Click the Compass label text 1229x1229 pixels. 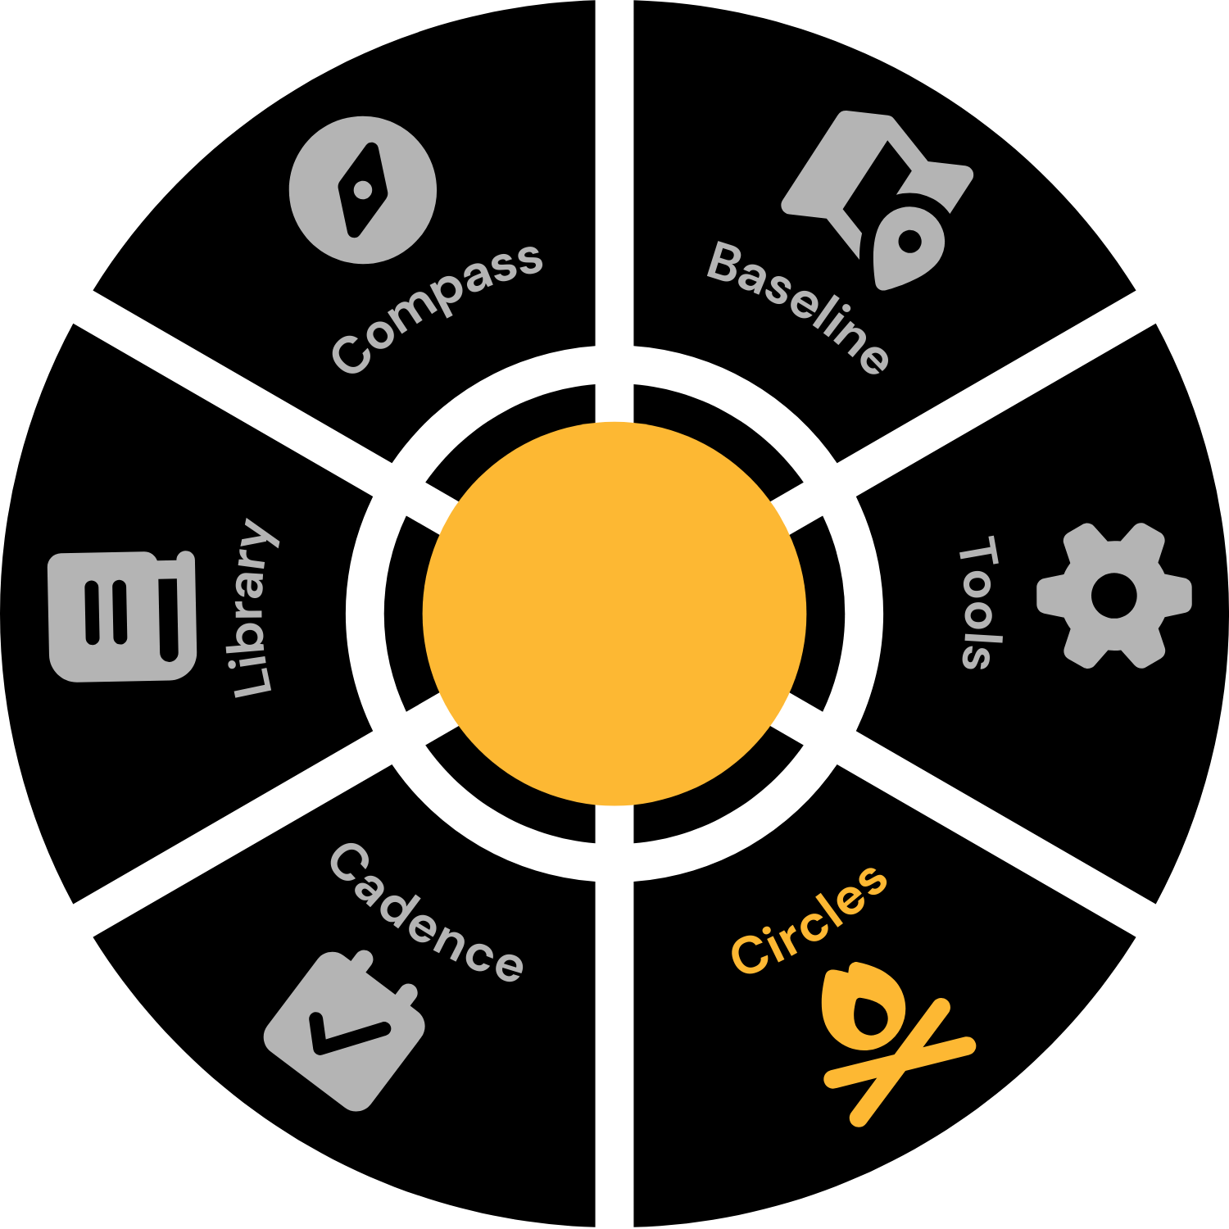437,307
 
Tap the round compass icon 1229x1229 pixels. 362,190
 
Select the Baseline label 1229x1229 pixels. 798,307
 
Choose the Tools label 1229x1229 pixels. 979,602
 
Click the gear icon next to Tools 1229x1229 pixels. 1113,596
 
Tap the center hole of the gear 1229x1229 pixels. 1113,596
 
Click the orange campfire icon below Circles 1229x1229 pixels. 889,1041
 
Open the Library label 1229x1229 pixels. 252,608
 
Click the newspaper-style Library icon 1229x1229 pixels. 122,616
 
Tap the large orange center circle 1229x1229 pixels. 614,614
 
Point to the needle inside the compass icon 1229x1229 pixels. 362,190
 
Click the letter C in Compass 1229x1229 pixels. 350,354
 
